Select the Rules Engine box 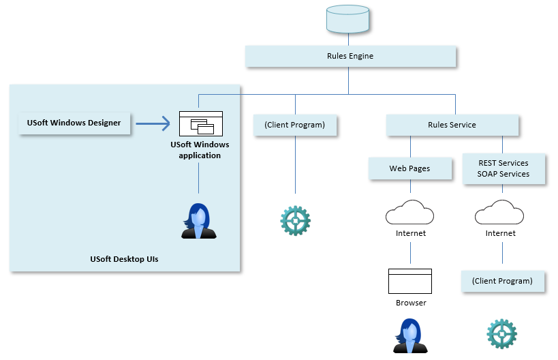[x=350, y=56]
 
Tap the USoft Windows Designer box [x=74, y=123]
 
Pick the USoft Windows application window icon [x=201, y=123]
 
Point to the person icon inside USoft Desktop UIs [x=199, y=221]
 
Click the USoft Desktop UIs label [x=124, y=259]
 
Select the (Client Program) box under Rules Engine [x=294, y=125]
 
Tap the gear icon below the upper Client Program [x=295, y=220]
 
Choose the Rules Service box [x=452, y=125]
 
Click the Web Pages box [x=409, y=168]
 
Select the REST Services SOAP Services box [x=503, y=168]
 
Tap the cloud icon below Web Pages [x=410, y=213]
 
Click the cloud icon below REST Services [x=501, y=213]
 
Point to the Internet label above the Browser [x=410, y=233]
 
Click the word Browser [x=411, y=302]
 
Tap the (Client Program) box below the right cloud [x=503, y=281]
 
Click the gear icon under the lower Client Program [x=501, y=334]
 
